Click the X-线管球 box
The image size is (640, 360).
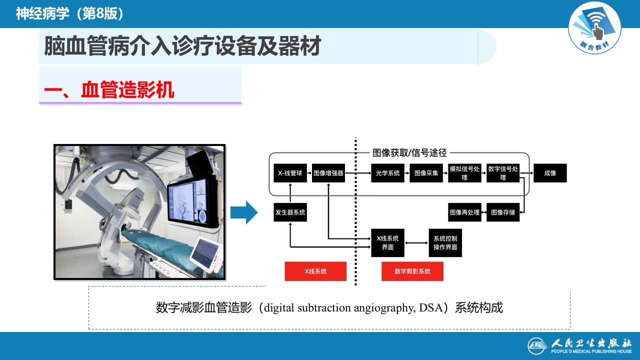[x=290, y=173]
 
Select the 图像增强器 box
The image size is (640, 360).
[x=328, y=173]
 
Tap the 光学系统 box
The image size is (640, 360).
[x=387, y=173]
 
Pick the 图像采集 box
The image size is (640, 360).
[x=426, y=173]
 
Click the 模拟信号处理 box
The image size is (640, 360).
[x=464, y=173]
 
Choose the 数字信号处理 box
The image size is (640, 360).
[x=503, y=173]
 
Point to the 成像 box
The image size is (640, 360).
[x=550, y=173]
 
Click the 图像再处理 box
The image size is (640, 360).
[x=464, y=212]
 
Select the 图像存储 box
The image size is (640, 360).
[x=503, y=212]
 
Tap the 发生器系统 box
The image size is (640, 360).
[x=290, y=212]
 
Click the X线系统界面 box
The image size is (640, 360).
[x=387, y=242]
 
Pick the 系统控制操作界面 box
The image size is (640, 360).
[x=445, y=242]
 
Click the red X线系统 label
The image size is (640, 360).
[x=315, y=271]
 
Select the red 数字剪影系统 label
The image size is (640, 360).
[x=412, y=271]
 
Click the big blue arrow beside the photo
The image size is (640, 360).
[x=243, y=212]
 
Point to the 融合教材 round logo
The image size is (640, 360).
[x=594, y=27]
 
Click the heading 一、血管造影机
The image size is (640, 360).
[x=109, y=90]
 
